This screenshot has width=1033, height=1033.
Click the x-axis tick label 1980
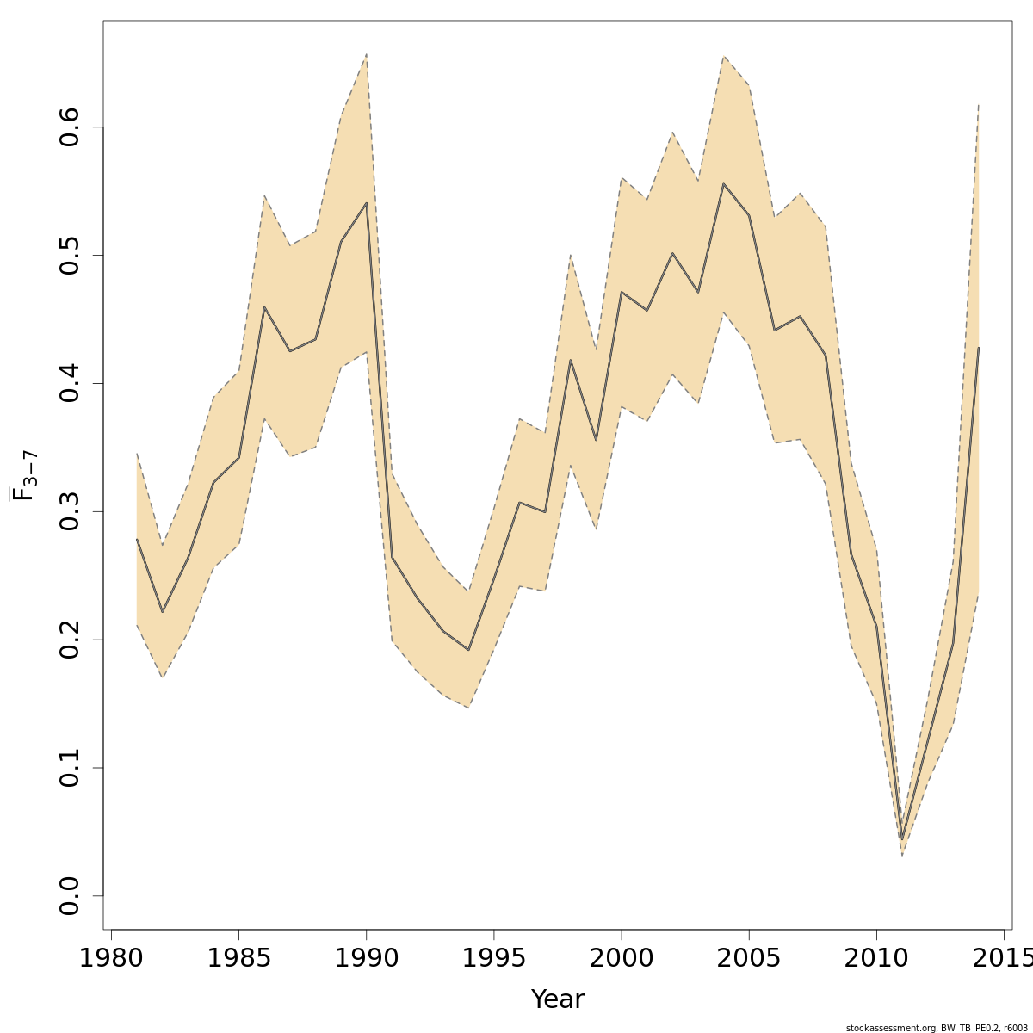point(111,958)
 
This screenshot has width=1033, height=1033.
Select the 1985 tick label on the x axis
point(238,958)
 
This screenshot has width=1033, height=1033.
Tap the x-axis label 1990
point(367,958)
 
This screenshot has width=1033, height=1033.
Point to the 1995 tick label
point(494,958)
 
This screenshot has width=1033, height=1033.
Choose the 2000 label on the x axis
point(622,958)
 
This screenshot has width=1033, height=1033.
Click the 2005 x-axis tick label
point(749,958)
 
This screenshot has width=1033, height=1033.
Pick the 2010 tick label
point(876,958)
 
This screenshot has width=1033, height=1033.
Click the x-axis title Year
point(558,999)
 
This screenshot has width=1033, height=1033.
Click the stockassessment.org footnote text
point(936,1028)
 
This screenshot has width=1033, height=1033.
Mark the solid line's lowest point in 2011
point(902,839)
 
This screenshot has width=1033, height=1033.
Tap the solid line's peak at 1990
point(367,203)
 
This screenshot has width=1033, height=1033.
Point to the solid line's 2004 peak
point(724,183)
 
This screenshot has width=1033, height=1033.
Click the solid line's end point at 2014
point(979,348)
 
